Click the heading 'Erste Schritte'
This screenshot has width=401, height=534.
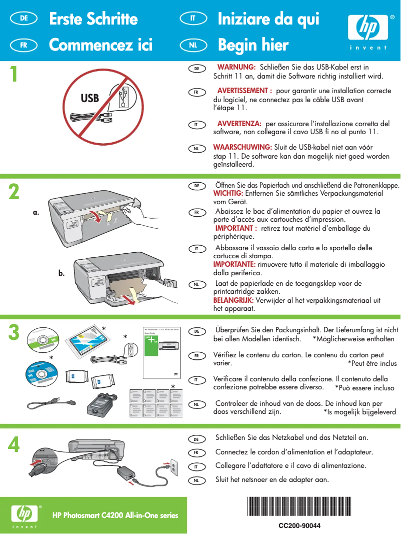[93, 19]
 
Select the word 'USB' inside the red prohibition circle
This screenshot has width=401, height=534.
[90, 98]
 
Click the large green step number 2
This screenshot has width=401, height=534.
[14, 192]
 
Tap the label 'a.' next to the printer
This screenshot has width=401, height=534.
[35, 212]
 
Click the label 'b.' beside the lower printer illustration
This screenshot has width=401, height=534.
[61, 273]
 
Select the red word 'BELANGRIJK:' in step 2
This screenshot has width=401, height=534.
[233, 300]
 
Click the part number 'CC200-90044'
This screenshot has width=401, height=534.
[299, 525]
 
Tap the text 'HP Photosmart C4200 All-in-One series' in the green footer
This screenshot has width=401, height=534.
[115, 515]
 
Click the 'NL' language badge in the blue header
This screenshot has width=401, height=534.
[193, 45]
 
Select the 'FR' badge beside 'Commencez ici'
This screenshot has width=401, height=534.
[23, 45]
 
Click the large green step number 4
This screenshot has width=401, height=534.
[14, 444]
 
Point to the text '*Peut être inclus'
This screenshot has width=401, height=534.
[372, 363]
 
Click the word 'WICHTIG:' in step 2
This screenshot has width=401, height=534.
[228, 193]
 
